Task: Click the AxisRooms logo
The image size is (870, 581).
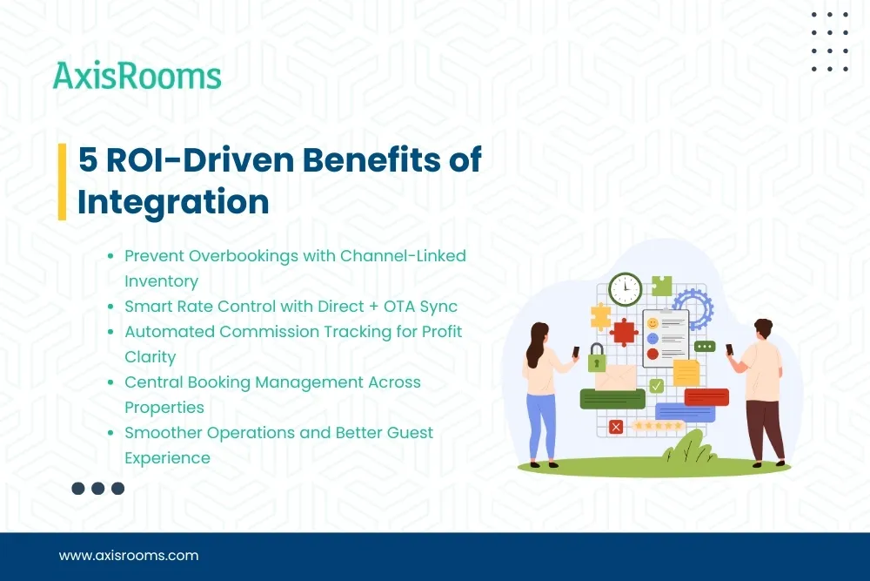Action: (x=137, y=76)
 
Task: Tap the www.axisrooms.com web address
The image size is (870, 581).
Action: (x=129, y=555)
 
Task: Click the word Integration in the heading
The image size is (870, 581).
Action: (x=173, y=201)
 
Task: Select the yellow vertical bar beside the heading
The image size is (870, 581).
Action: (x=62, y=181)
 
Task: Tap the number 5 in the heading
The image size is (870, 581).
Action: (x=88, y=161)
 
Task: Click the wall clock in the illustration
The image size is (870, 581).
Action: (x=625, y=288)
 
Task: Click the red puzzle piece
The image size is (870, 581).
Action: (x=623, y=332)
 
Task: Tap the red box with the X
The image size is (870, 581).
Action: (x=616, y=426)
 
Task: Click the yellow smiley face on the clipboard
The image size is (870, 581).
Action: (x=652, y=323)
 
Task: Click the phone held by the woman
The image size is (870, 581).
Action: (x=575, y=351)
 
